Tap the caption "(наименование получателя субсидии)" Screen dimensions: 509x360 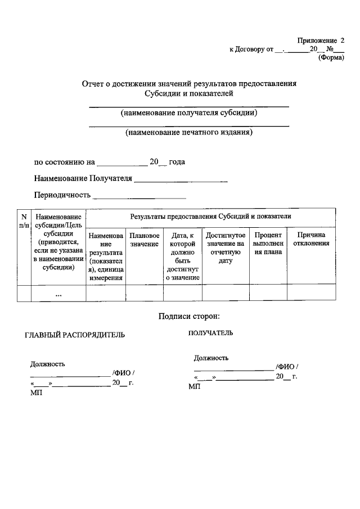point(189,112)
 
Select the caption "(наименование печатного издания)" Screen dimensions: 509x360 point(189,133)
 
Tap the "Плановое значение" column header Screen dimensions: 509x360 point(144,240)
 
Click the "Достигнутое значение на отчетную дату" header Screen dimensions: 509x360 point(225,247)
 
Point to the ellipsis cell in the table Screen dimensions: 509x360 point(58,294)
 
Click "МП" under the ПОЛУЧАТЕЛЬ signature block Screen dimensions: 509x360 point(194,386)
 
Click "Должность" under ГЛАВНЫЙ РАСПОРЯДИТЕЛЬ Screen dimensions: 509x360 point(47,364)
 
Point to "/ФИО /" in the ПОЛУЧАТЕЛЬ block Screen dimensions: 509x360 point(287,367)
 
